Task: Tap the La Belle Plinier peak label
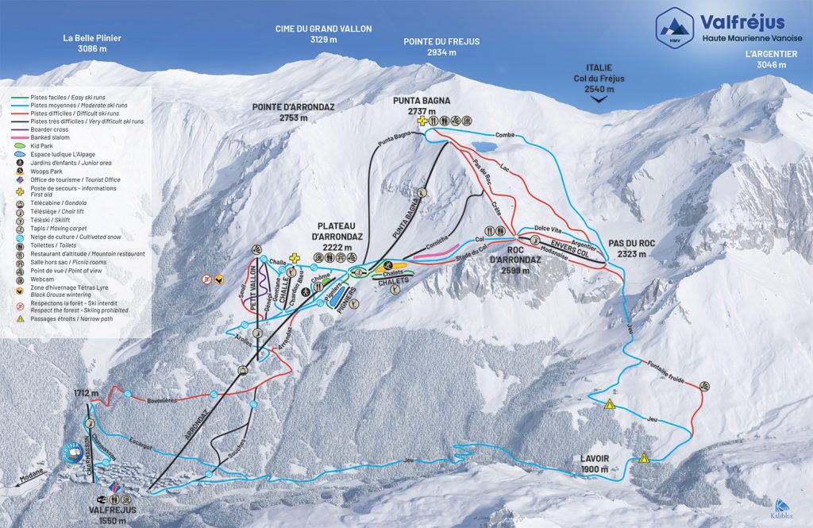pos(93,43)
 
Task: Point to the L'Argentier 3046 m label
pos(770,60)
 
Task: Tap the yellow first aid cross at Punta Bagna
pos(423,121)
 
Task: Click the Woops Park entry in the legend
pos(56,170)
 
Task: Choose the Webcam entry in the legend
pos(49,279)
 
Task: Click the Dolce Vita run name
pos(548,229)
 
